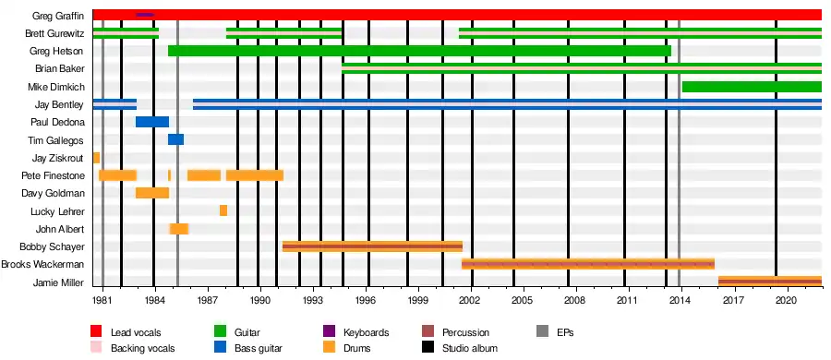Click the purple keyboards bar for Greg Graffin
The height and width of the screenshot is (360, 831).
tap(145, 15)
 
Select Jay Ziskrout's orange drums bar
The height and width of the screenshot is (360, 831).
tap(96, 158)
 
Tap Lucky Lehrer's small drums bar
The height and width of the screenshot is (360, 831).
tap(223, 210)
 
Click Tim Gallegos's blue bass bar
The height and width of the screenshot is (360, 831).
tap(176, 139)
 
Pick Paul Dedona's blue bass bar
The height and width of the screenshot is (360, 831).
tap(152, 122)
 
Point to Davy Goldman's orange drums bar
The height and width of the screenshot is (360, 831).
tap(152, 193)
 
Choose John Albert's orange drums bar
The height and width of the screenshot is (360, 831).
tap(179, 229)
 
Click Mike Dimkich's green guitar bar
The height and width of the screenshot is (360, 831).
tap(752, 87)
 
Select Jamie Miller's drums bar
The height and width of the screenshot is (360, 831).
tap(769, 282)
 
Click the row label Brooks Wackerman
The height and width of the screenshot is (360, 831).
tap(42, 265)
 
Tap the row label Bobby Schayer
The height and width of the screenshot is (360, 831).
tap(52, 246)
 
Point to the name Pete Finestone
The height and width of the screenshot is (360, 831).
tap(53, 175)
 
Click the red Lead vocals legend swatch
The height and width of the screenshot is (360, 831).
tap(97, 332)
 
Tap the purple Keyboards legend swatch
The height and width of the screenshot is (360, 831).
tap(330, 332)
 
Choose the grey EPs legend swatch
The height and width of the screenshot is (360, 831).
tap(543, 332)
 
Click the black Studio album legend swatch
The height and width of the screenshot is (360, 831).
tap(428, 348)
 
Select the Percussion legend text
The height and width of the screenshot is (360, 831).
tap(466, 333)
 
